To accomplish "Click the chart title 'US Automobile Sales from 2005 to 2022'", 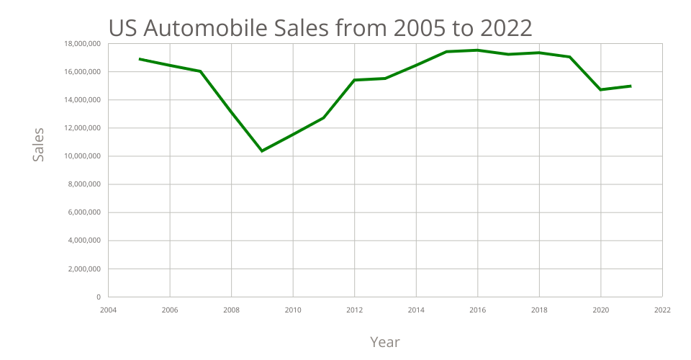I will (x=320, y=27).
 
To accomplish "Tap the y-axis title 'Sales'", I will (x=38, y=144).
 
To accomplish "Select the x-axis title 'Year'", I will (x=384, y=341).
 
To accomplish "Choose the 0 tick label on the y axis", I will (x=98, y=297).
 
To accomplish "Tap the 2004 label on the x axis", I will (x=108, y=310).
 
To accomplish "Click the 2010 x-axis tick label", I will (x=293, y=310).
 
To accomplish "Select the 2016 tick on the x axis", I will (x=477, y=310).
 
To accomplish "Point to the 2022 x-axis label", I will (x=662, y=310).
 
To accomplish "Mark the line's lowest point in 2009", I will (x=262, y=150).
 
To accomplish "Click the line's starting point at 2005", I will (x=139, y=59).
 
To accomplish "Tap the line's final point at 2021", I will (x=631, y=86).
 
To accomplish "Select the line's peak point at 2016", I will (x=477, y=50).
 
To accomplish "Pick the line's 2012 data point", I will (x=354, y=80).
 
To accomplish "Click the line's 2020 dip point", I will (x=600, y=89).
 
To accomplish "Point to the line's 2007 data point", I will (x=200, y=71).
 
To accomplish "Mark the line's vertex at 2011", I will (x=323, y=117).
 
